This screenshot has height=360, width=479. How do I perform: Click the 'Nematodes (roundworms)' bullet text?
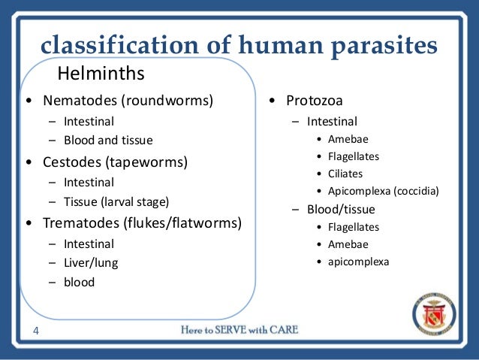coord(128,100)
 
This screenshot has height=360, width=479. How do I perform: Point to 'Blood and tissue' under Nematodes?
coord(108,141)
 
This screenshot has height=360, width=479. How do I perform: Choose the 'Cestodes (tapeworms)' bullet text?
coord(115,162)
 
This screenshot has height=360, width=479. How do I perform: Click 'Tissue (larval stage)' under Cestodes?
coord(116,202)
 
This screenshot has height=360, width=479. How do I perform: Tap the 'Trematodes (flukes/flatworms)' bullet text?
coord(143,223)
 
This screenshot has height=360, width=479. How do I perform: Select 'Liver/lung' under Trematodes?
coord(91,263)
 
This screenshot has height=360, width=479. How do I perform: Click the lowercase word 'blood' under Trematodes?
coord(80,283)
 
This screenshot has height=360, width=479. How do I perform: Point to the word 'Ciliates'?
coord(345,174)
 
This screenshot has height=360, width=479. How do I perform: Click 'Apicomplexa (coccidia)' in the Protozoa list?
coord(383,192)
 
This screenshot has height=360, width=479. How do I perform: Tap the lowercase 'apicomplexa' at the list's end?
coord(359,262)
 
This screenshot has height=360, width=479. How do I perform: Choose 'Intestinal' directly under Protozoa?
coord(332,121)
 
